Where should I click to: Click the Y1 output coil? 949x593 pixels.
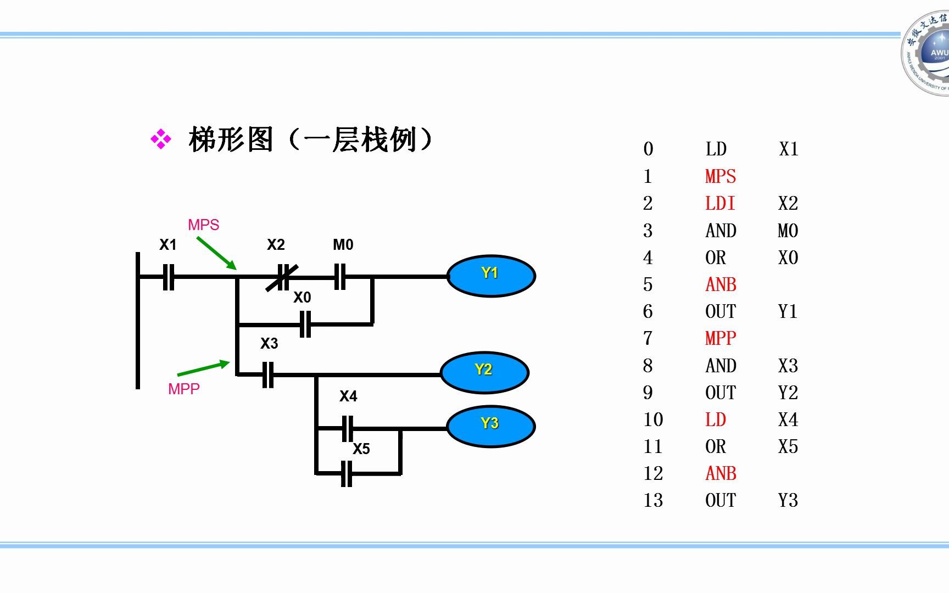[x=491, y=276]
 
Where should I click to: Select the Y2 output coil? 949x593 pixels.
[x=484, y=372]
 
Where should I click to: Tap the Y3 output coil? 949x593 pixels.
[x=490, y=426]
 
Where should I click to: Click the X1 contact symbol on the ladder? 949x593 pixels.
[x=169, y=277]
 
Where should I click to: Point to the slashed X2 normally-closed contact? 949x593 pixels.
[x=282, y=277]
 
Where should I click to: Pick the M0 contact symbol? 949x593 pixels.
[x=340, y=277]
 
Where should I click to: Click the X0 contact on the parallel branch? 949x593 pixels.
[x=306, y=325]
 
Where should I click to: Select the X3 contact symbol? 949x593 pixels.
[x=268, y=375]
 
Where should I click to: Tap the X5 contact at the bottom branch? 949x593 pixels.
[x=347, y=473]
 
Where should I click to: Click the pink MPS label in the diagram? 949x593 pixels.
[x=203, y=225]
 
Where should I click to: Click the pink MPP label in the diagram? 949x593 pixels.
[x=183, y=389]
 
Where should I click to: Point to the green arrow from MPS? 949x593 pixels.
[x=216, y=253]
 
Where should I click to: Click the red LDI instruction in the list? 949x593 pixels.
[x=719, y=203]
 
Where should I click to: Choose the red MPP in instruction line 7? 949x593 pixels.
[x=721, y=338]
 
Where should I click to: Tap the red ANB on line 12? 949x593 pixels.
[x=721, y=473]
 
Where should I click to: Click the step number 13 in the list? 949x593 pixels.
[x=653, y=500]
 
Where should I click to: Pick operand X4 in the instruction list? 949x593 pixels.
[x=788, y=419]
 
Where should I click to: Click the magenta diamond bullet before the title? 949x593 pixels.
[x=161, y=139]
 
